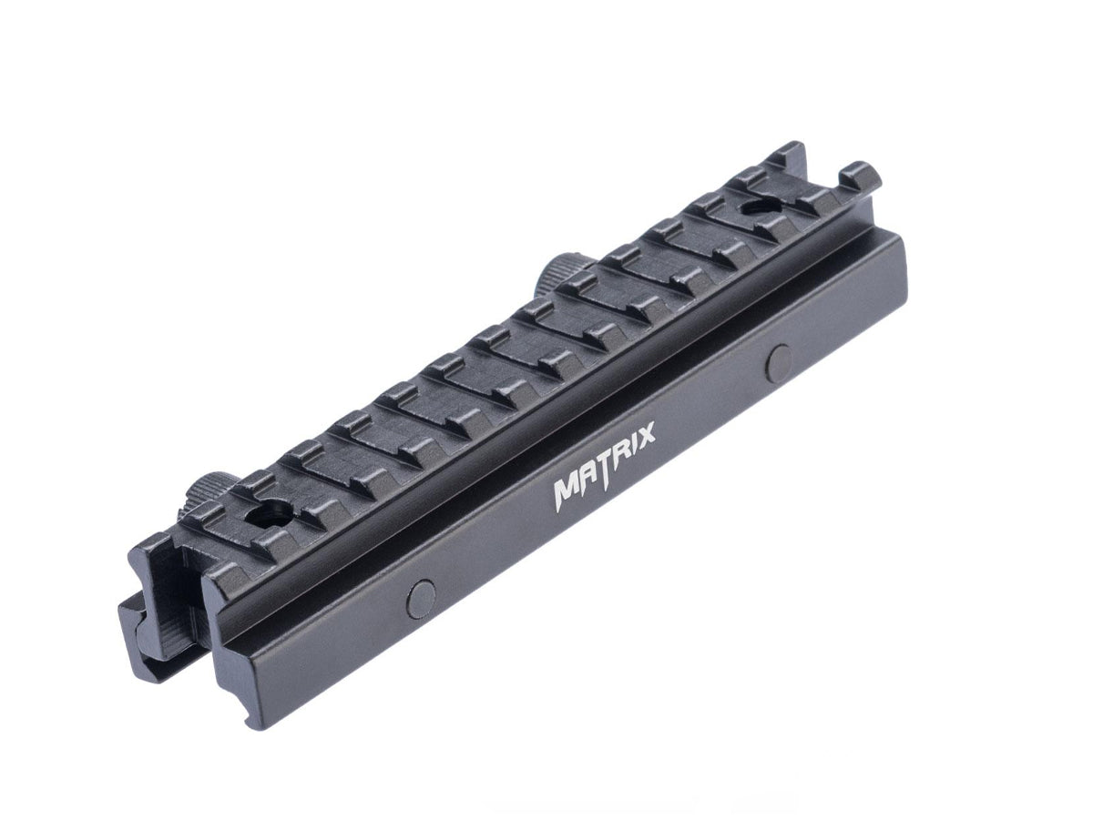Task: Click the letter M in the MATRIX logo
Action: click(570, 491)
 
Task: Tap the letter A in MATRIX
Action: click(594, 479)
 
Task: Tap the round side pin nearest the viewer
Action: click(421, 597)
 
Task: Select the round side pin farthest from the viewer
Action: click(781, 360)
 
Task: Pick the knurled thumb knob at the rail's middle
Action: click(553, 272)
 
